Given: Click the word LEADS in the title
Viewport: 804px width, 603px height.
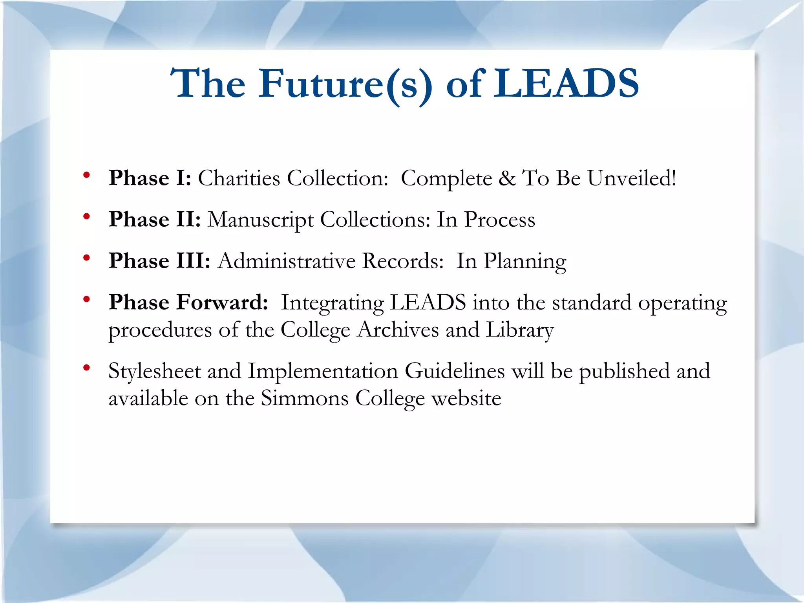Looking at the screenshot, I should click(x=566, y=83).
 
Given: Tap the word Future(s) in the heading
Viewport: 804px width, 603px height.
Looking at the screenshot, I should click(x=345, y=84).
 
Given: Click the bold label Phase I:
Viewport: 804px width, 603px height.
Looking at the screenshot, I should click(x=150, y=178).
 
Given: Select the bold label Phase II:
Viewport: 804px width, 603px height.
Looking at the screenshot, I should click(x=155, y=219).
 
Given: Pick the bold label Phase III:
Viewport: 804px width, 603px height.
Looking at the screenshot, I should click(x=159, y=261).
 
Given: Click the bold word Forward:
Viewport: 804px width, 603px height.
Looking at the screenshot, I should click(x=222, y=302).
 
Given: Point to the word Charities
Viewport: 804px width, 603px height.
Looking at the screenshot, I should click(x=239, y=178).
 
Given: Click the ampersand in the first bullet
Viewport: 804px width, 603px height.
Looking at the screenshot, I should click(x=507, y=178).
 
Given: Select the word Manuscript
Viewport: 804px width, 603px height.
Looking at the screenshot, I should click(x=260, y=220).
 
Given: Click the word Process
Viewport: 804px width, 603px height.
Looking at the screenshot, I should click(x=499, y=219).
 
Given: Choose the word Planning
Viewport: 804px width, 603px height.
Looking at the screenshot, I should click(x=525, y=262).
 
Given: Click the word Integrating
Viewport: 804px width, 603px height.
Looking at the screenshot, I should click(x=332, y=303).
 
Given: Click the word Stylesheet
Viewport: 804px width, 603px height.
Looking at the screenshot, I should click(x=155, y=371).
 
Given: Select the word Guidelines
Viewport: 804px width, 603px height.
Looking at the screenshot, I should click(x=455, y=371).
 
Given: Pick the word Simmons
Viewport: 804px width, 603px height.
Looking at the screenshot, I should click(x=305, y=398).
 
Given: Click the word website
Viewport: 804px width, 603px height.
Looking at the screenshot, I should click(x=466, y=398).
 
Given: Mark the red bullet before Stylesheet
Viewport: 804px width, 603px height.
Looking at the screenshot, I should click(x=87, y=368).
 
